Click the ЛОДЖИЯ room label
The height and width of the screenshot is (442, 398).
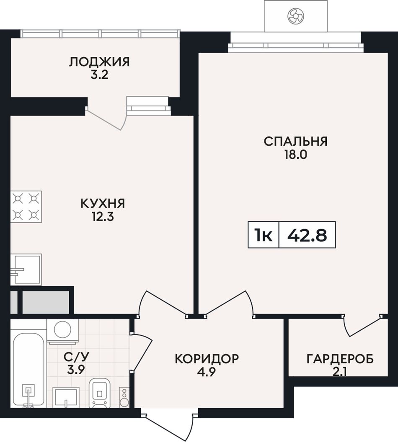click(99, 62)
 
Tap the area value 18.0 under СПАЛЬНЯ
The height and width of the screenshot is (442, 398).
click(295, 155)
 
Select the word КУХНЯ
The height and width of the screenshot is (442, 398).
click(103, 203)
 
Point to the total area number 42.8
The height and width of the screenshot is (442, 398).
click(307, 235)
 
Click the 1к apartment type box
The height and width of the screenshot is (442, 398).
click(264, 235)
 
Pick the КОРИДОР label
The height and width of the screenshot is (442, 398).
click(207, 359)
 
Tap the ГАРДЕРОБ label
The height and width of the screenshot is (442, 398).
click(340, 359)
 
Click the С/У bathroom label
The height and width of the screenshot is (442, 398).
click(76, 357)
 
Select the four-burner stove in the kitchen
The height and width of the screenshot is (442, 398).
click(26, 207)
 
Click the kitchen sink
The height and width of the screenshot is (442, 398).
click(26, 270)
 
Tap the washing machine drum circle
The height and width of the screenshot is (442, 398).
click(62, 329)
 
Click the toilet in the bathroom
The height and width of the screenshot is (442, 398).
click(100, 393)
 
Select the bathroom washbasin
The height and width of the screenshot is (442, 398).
click(66, 397)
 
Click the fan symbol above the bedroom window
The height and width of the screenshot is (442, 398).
click(296, 16)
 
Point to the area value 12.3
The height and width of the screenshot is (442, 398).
click(102, 217)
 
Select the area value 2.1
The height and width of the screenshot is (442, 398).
click(340, 373)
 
